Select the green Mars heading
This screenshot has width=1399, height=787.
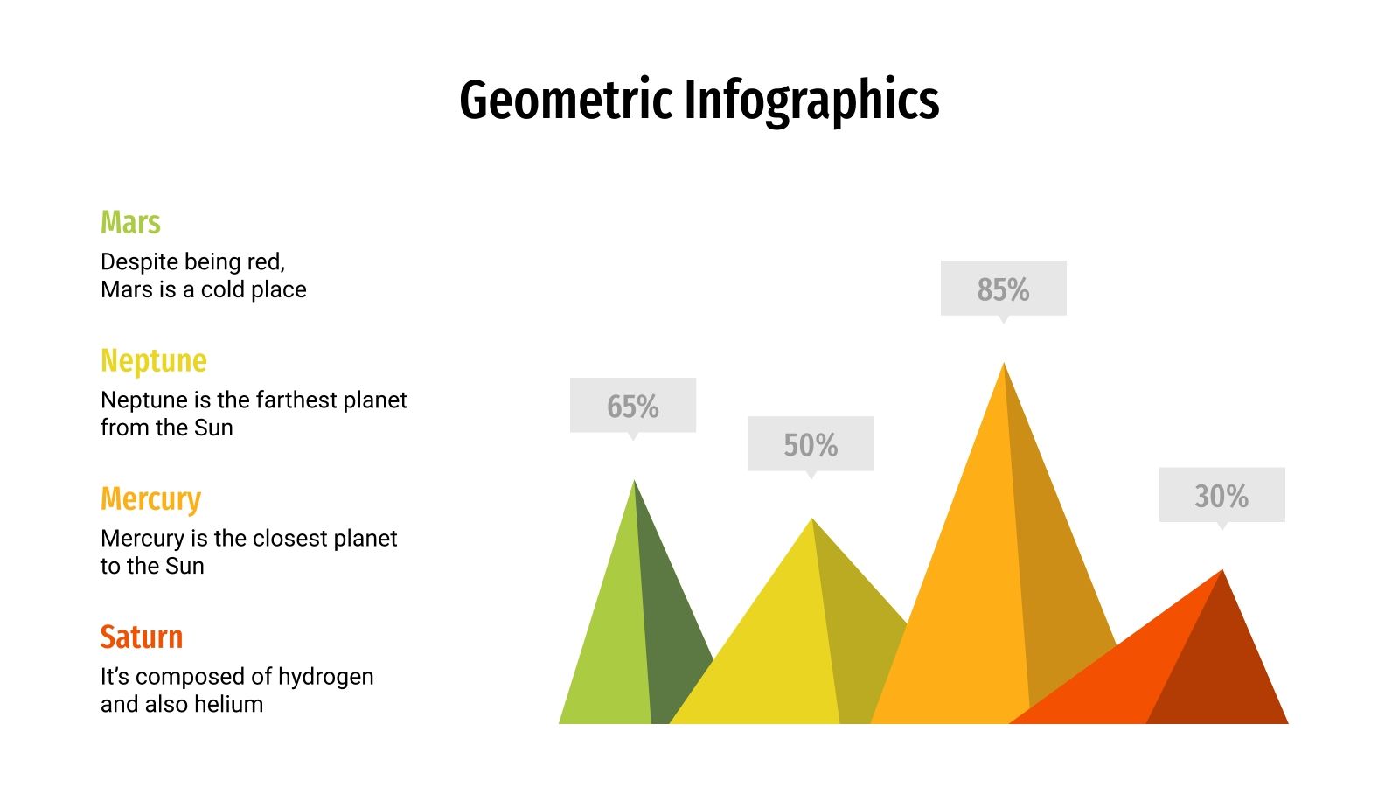point(130,222)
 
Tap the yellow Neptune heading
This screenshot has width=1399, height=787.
point(154,360)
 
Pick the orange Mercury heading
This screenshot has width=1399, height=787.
point(150,498)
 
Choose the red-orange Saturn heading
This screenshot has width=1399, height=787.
point(142,637)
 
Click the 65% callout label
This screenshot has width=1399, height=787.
point(633,406)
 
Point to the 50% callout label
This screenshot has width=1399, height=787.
point(811,444)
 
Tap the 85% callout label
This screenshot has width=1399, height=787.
point(1003,289)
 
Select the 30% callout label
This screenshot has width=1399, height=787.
point(1222,496)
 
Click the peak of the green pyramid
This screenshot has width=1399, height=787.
point(634,482)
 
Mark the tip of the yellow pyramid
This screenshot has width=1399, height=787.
point(812,520)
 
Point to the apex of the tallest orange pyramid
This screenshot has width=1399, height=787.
point(1004,364)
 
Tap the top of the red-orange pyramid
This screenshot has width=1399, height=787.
point(1222,571)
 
